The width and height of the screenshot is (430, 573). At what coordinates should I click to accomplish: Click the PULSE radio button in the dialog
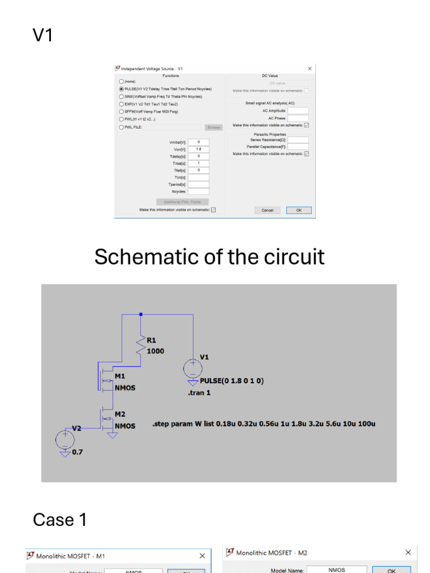pyautogui.click(x=121, y=89)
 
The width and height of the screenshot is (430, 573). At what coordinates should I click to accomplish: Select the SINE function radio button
pyautogui.click(x=121, y=96)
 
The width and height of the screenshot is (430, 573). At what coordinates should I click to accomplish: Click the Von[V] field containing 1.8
pyautogui.click(x=198, y=149)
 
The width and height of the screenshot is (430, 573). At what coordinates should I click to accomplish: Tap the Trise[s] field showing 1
pyautogui.click(x=198, y=163)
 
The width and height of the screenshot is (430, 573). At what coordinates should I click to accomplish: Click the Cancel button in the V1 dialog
pyautogui.click(x=267, y=210)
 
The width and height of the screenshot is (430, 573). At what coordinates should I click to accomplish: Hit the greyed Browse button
pyautogui.click(x=213, y=128)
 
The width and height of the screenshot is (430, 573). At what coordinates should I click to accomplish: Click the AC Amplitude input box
pyautogui.click(x=298, y=111)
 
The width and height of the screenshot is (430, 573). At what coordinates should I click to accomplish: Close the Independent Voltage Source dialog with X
pyautogui.click(x=310, y=69)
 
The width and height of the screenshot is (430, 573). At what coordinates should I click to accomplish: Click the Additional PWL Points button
pyautogui.click(x=183, y=201)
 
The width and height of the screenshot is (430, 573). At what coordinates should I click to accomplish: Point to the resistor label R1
pyautogui.click(x=152, y=340)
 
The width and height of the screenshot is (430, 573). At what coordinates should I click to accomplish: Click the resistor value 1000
pyautogui.click(x=156, y=351)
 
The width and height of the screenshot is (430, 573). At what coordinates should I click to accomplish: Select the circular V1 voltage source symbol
pyautogui.click(x=193, y=368)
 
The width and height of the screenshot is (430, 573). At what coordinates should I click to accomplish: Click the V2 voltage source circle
pyautogui.click(x=65, y=439)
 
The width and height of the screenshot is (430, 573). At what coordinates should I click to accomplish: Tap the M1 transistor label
pyautogui.click(x=120, y=376)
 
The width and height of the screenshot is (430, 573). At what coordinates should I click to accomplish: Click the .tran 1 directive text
pyautogui.click(x=199, y=393)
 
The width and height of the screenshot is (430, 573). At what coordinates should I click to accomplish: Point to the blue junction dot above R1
pyautogui.click(x=141, y=314)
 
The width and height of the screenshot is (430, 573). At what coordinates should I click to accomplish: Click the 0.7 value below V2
pyautogui.click(x=77, y=452)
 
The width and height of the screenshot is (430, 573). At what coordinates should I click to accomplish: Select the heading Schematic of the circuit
pyautogui.click(x=209, y=257)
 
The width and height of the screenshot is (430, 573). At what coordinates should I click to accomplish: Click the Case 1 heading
pyautogui.click(x=60, y=520)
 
